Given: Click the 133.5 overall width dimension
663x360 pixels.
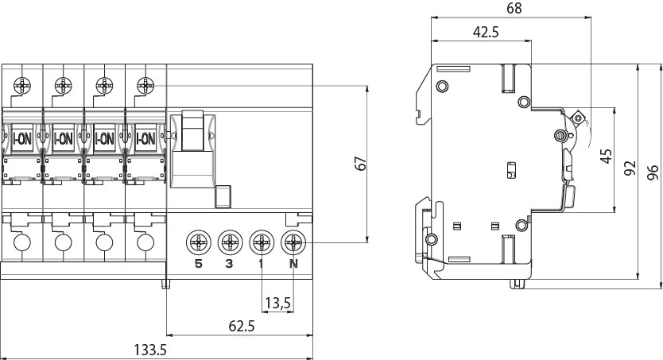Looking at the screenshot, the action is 150,350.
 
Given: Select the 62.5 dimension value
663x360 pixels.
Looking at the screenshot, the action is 242,326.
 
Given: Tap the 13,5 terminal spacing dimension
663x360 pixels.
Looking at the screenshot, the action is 277,303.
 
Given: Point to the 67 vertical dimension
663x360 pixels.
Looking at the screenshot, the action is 361,164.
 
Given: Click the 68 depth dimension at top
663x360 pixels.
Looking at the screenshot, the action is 514,8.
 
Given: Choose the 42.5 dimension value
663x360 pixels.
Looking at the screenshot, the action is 486,32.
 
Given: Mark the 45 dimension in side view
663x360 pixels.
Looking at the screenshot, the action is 607,156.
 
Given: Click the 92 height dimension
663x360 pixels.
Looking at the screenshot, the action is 630,168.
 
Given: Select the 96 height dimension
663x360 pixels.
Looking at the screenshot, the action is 653,172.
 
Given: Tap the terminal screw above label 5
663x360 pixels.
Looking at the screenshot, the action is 198,242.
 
